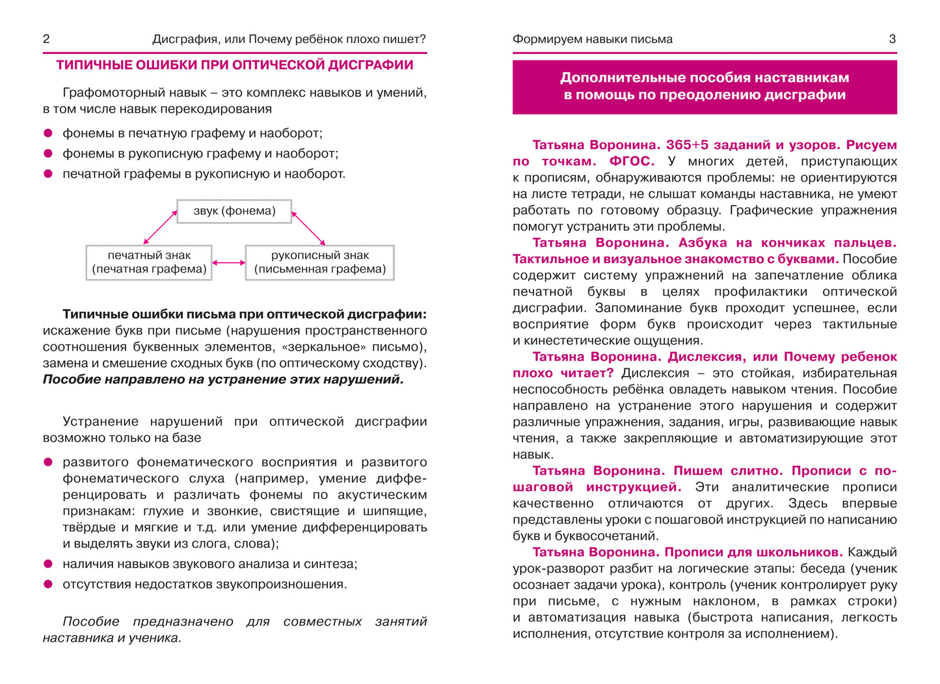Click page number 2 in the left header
[x=46, y=39]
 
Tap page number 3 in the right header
[x=892, y=39]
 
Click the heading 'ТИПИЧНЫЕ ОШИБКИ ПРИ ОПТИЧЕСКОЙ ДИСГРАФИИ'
[x=234, y=65]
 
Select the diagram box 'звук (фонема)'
[x=234, y=211]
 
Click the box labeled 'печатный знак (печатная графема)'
[x=149, y=262]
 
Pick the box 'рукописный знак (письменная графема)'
[x=319, y=262]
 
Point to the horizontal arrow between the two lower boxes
[x=229, y=263]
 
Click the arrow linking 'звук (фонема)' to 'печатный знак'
[x=160, y=227]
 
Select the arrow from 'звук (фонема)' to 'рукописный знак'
[x=308, y=228]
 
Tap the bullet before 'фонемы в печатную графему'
[x=47, y=133]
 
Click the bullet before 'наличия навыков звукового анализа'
[x=47, y=564]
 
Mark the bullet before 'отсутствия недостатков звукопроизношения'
[x=47, y=584]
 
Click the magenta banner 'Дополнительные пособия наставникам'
[x=705, y=87]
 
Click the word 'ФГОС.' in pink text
[x=632, y=161]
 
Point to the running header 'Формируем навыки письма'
[x=592, y=39]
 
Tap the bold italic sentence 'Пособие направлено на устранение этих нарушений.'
[x=223, y=379]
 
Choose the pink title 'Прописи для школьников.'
[x=753, y=553]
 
